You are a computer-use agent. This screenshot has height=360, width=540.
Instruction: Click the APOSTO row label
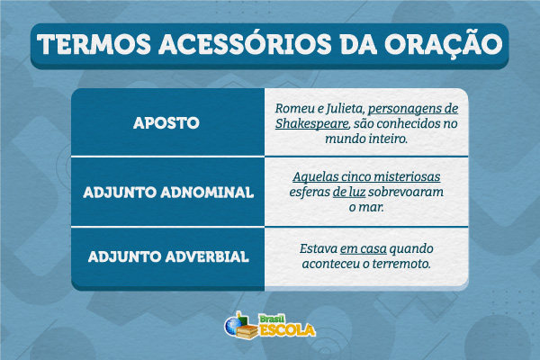tap(166, 122)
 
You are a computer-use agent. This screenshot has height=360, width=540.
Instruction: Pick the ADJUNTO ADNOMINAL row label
tap(167, 192)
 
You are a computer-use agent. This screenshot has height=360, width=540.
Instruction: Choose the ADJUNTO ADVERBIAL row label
tap(167, 256)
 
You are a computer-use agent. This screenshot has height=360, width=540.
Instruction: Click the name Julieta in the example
tap(344, 108)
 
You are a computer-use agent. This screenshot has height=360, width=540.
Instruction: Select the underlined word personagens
tap(414, 108)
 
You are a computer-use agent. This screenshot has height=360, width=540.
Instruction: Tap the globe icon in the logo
tap(237, 322)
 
